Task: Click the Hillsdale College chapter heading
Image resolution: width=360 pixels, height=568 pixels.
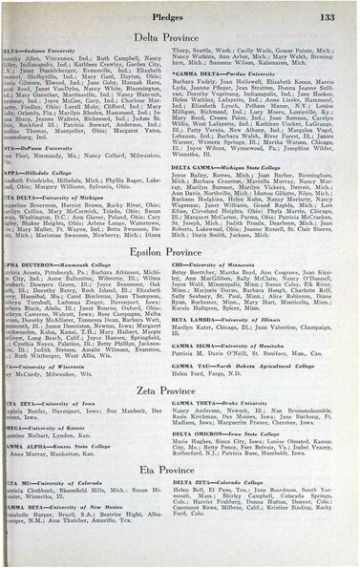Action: [32, 167]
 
